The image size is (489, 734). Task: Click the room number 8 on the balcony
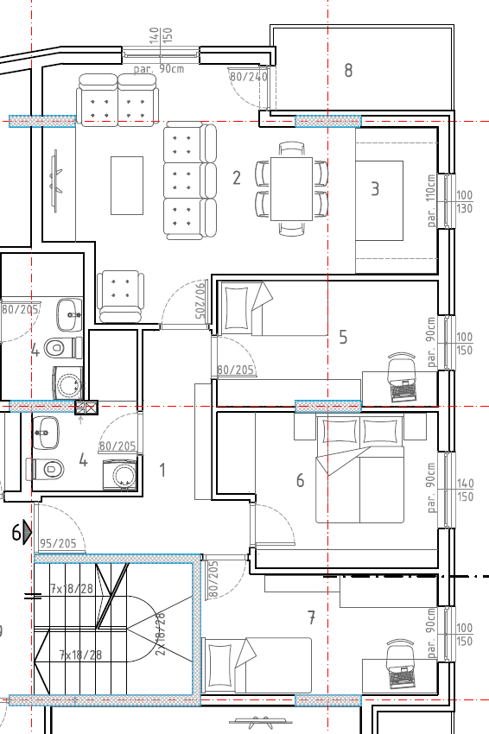coord(348,70)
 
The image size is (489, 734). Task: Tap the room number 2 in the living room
coord(237,178)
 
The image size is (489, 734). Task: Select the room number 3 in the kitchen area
coord(375,188)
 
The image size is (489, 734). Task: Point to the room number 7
coord(312,618)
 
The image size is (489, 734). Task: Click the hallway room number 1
coord(162,470)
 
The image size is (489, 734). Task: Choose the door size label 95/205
coord(58,543)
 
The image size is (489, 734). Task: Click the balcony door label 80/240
coord(249,76)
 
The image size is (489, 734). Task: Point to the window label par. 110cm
coord(431,200)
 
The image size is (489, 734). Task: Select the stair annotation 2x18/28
coord(160,635)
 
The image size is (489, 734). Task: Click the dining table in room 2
coord(291,188)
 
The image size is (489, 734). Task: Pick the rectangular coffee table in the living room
coord(127,186)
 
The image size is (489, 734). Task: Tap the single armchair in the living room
coord(119,296)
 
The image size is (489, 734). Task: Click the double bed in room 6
coord(359,469)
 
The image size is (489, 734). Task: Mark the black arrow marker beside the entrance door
coord(27,532)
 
